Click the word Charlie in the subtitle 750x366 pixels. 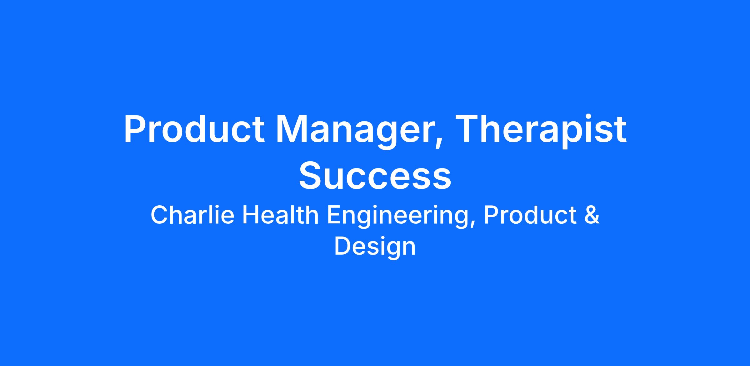(x=192, y=215)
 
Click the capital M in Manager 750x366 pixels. (x=292, y=129)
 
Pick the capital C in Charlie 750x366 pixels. (x=159, y=215)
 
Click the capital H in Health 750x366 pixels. (x=251, y=215)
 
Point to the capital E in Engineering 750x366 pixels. (x=333, y=215)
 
